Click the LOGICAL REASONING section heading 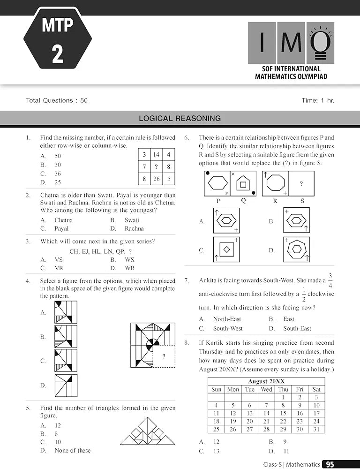(180, 119)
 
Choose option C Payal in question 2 (61, 228)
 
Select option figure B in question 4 (66, 337)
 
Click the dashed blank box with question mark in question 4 (164, 357)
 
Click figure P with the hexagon (217, 183)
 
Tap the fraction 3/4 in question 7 (330, 280)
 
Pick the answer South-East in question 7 (297, 328)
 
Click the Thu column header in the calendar (283, 389)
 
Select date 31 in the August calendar (316, 429)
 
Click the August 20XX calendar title (266, 381)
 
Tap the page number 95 (330, 464)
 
